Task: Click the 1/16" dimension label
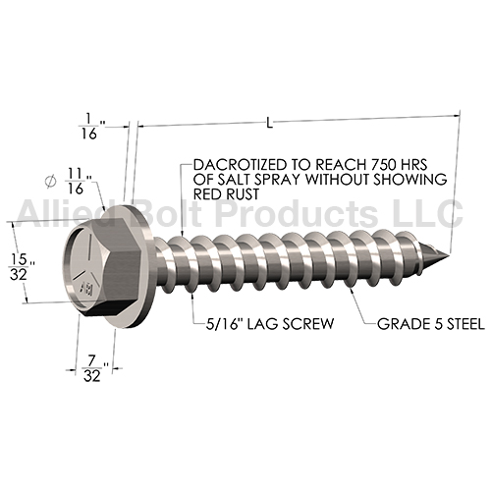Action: tap(91, 126)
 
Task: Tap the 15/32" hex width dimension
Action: tap(22, 267)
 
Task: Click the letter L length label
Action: tap(269, 124)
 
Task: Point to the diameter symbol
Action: tap(50, 182)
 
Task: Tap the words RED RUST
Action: tap(226, 194)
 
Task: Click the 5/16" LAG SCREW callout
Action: tap(270, 324)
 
